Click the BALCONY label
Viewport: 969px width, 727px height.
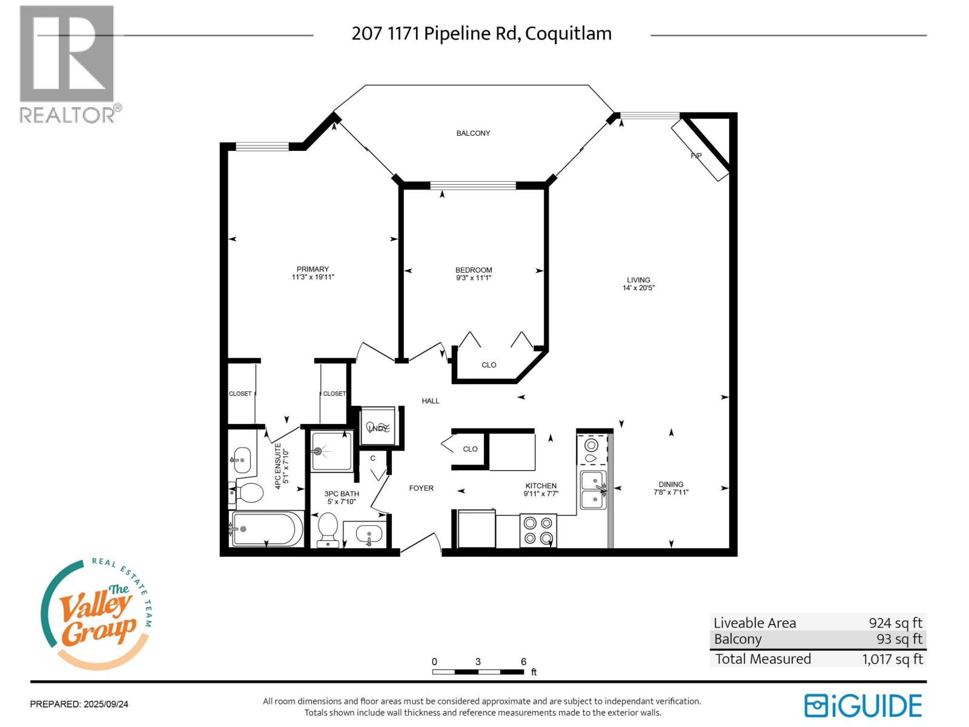(x=473, y=133)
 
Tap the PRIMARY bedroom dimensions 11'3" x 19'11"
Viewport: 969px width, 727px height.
(x=313, y=277)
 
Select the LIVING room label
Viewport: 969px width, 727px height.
(x=638, y=280)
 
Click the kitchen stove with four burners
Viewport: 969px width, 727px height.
(x=538, y=530)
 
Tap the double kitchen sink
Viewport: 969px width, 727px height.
(x=593, y=490)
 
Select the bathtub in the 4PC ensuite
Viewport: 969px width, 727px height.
(x=266, y=529)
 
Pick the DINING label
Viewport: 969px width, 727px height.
(x=670, y=484)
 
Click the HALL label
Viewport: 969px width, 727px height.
(x=431, y=401)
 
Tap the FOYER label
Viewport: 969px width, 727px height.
(x=421, y=488)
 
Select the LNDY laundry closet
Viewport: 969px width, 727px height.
(x=378, y=427)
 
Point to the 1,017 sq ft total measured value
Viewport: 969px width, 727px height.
(x=892, y=659)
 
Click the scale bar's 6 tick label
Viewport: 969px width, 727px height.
(x=523, y=662)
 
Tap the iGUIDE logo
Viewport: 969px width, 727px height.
(x=863, y=706)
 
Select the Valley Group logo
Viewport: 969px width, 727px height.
(x=97, y=615)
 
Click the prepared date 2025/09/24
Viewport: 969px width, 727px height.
(x=106, y=704)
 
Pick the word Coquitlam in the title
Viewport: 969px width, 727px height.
(x=568, y=33)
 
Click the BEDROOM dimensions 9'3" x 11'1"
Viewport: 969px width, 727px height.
(x=474, y=278)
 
